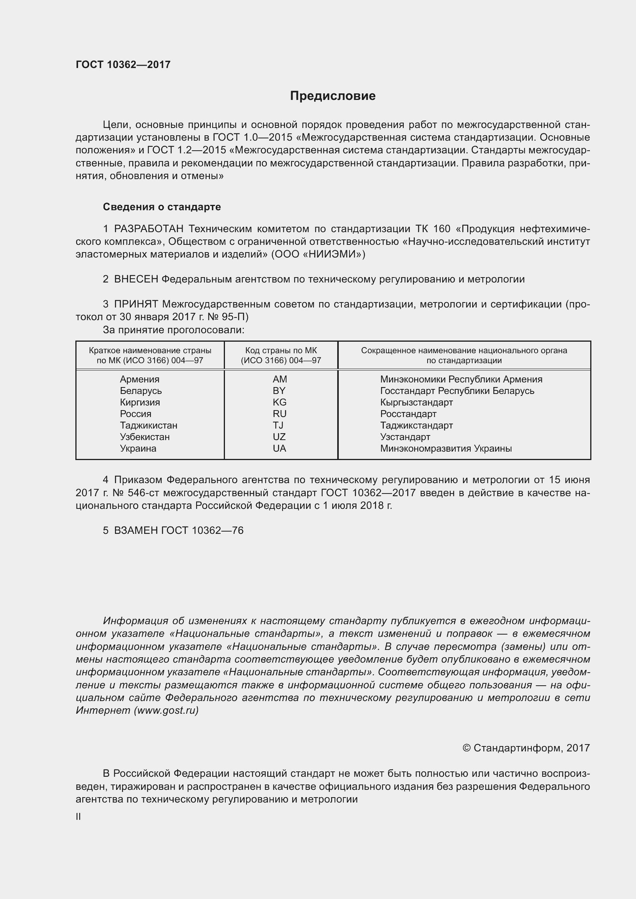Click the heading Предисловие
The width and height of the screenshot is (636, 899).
(x=333, y=96)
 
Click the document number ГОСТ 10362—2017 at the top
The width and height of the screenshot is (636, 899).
(x=123, y=65)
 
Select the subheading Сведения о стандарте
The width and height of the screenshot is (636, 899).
(x=162, y=207)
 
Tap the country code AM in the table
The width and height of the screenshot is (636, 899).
(x=280, y=379)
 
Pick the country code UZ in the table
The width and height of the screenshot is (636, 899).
(x=279, y=437)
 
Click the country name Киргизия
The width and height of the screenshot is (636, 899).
(x=140, y=402)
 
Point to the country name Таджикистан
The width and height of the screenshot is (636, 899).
(x=148, y=425)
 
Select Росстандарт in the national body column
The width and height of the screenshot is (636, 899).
(x=408, y=414)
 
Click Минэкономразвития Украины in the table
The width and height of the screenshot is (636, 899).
(x=446, y=448)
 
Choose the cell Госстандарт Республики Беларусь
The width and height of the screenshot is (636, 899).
(x=457, y=391)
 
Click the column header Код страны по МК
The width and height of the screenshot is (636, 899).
(x=281, y=351)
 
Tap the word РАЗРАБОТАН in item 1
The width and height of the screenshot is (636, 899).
(x=148, y=229)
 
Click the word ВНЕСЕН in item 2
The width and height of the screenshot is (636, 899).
(x=136, y=279)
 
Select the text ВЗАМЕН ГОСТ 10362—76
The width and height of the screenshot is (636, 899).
(x=178, y=530)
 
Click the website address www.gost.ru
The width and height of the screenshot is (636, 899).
(x=166, y=710)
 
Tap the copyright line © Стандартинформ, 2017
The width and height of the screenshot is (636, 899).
(x=526, y=748)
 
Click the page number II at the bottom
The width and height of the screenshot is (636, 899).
(x=78, y=816)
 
